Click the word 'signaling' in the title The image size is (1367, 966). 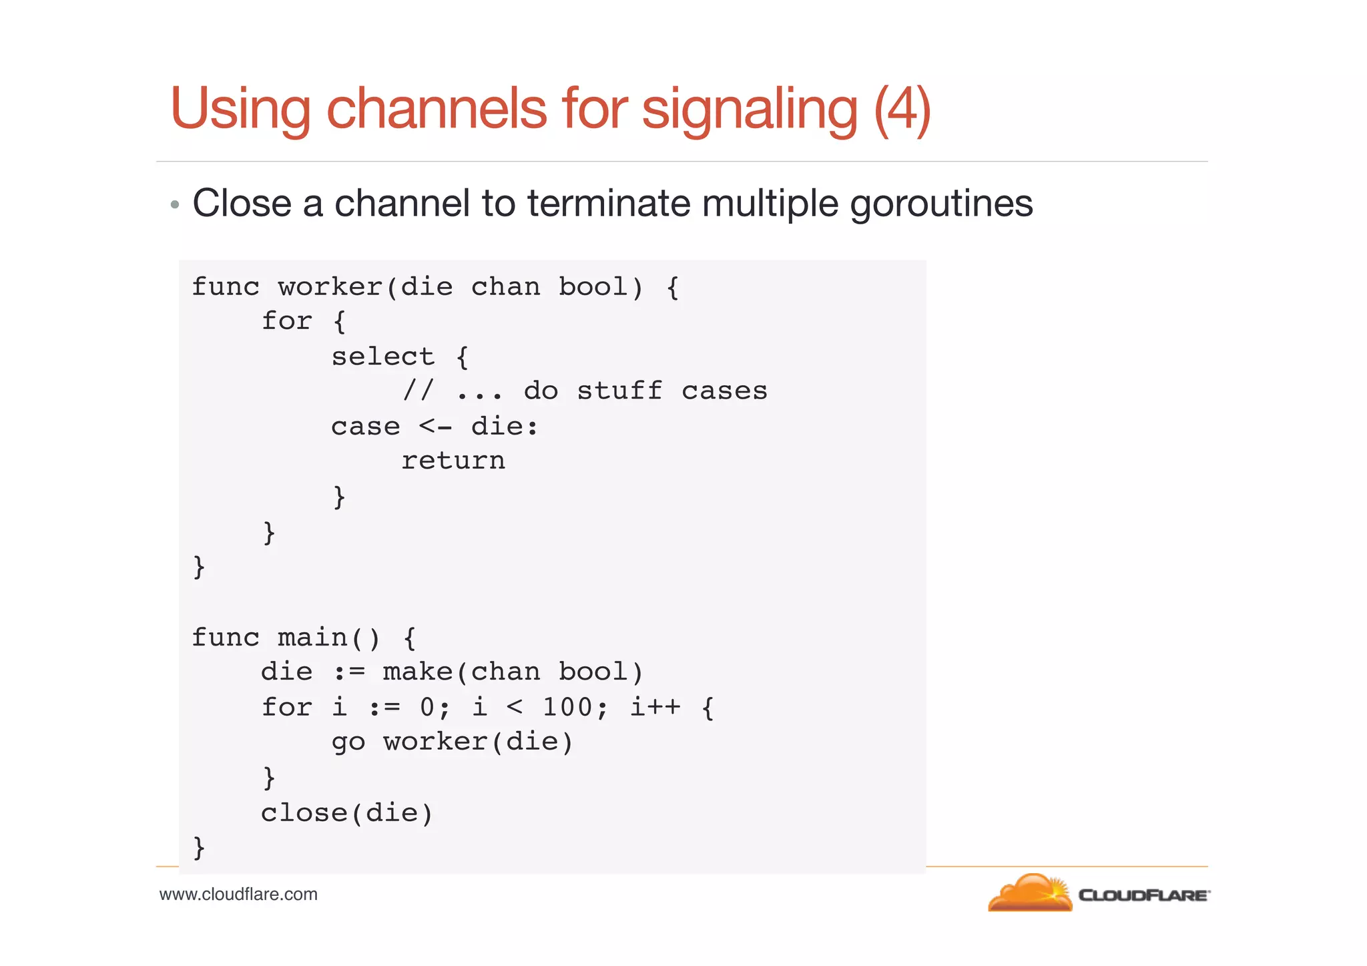[749, 109]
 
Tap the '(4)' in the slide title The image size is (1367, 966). [902, 109]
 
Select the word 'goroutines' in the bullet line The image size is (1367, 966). [941, 204]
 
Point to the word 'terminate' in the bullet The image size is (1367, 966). [609, 204]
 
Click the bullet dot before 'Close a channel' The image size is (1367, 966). [175, 205]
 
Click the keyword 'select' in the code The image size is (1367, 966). [382, 356]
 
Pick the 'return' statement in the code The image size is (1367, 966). [453, 461]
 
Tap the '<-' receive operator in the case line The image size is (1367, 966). [435, 427]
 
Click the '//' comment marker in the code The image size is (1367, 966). [418, 391]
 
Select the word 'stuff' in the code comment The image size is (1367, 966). [619, 391]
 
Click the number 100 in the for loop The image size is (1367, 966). [567, 707]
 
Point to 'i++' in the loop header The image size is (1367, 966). [655, 707]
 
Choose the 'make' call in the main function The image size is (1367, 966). [418, 672]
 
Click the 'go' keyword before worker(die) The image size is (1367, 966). [348, 742]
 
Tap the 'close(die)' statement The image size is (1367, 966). [347, 813]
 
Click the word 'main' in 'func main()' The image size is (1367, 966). [312, 638]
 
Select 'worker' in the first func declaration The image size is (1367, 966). [330, 287]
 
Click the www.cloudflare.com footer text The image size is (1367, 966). [238, 895]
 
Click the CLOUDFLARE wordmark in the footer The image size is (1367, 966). [1143, 895]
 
